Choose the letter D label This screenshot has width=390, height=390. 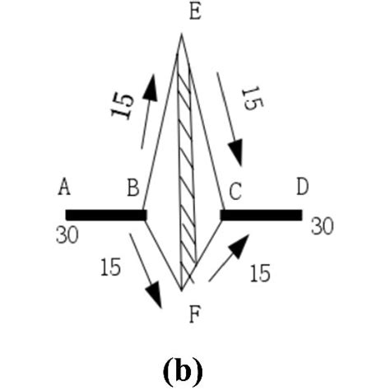coord(302,188)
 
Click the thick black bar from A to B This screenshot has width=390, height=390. coord(106,215)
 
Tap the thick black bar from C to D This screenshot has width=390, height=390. coord(261,215)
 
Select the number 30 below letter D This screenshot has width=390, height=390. coord(323,225)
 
